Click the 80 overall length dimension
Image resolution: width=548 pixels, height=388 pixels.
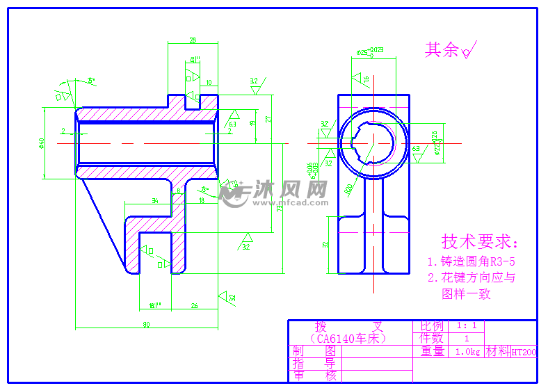[147, 324]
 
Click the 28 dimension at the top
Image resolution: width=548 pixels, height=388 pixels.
[193, 40]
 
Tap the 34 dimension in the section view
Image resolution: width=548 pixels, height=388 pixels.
[154, 201]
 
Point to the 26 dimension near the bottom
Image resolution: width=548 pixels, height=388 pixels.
[195, 305]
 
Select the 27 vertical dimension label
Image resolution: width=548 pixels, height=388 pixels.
[268, 119]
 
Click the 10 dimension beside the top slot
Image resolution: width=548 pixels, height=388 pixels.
[209, 83]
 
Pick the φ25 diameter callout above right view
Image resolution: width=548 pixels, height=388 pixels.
[370, 51]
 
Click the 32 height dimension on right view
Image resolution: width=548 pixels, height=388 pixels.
[325, 245]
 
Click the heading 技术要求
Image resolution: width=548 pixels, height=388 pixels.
[480, 242]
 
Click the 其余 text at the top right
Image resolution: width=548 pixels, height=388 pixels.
[442, 49]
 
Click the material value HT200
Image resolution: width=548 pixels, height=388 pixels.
[523, 352]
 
